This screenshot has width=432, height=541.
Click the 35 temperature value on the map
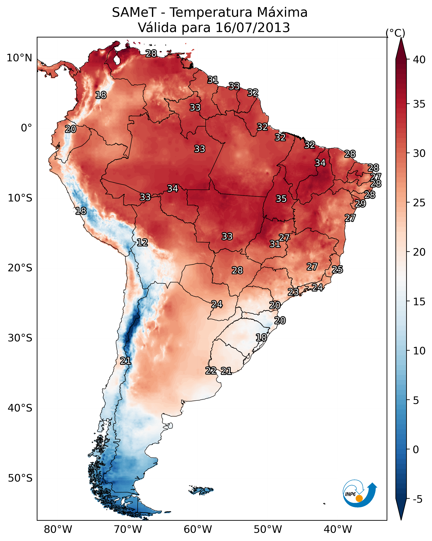(x=281, y=199)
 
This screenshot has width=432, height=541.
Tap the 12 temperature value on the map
(x=142, y=242)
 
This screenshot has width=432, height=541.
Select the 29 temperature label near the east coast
(x=360, y=204)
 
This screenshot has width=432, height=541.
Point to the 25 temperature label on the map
(x=337, y=269)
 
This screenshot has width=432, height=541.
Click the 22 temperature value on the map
(x=211, y=371)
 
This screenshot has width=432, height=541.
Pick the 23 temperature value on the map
(x=293, y=292)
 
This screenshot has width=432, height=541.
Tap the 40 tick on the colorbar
(x=419, y=60)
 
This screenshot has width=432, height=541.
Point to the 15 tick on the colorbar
(x=419, y=302)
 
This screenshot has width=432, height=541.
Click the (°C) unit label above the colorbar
(x=395, y=33)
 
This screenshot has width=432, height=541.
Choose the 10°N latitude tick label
(x=19, y=58)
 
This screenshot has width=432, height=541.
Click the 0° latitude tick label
(x=26, y=128)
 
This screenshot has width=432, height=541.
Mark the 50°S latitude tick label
(x=20, y=478)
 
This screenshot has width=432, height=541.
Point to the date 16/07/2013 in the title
(x=253, y=28)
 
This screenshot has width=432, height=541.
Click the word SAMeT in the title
(x=134, y=13)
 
